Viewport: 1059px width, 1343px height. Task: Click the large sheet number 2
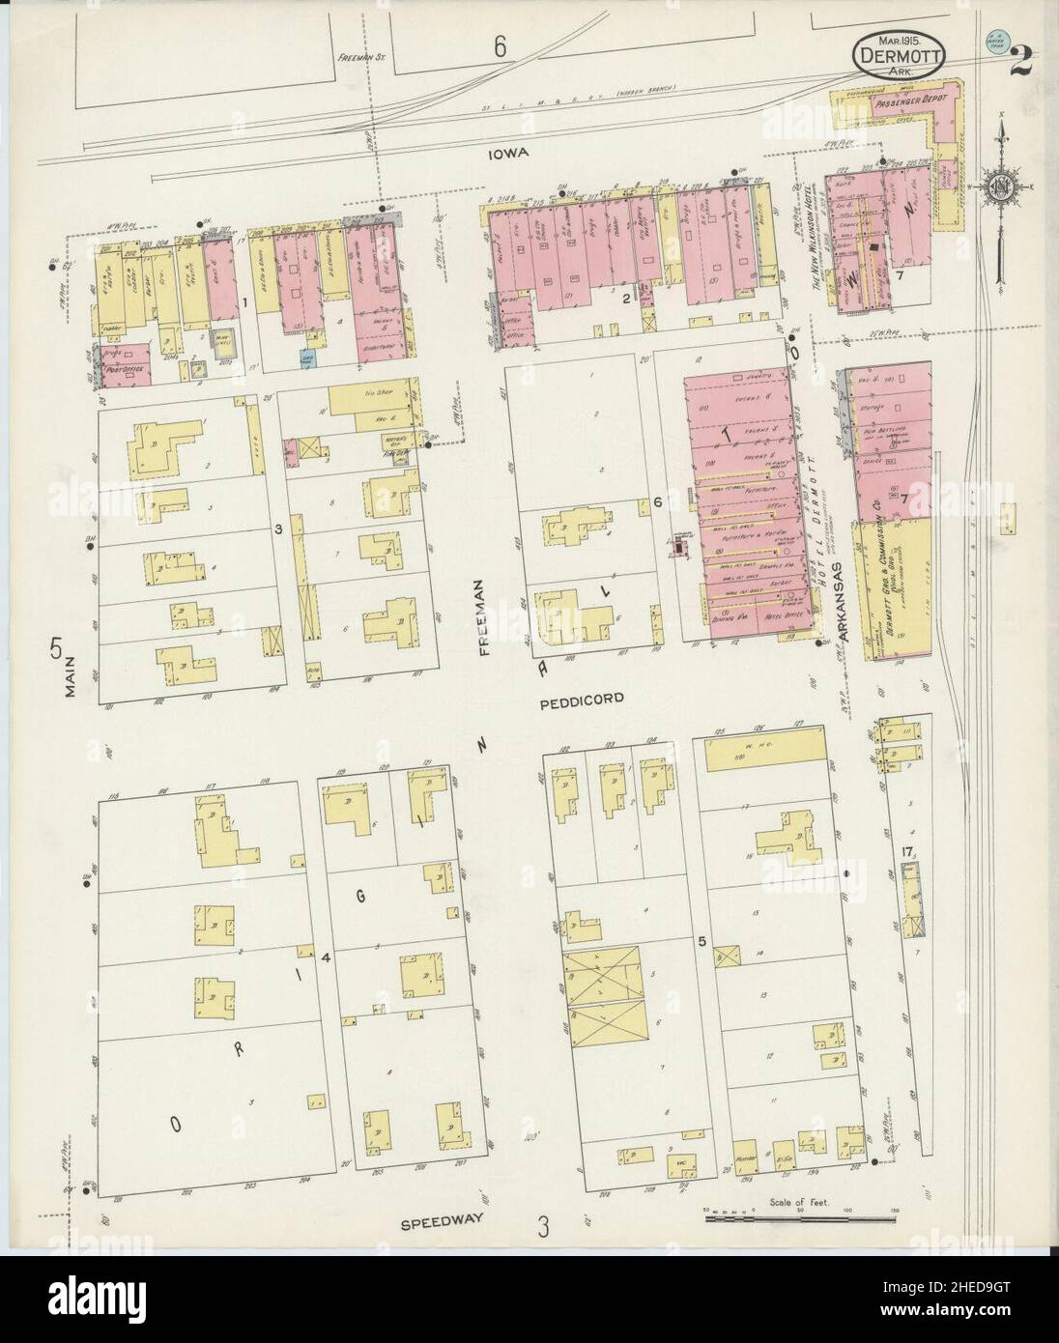pyautogui.click(x=1021, y=65)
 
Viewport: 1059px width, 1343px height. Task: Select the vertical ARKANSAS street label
pyautogui.click(x=833, y=602)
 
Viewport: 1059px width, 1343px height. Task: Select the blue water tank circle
pyautogui.click(x=993, y=42)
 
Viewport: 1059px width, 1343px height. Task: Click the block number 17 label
pyautogui.click(x=904, y=851)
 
